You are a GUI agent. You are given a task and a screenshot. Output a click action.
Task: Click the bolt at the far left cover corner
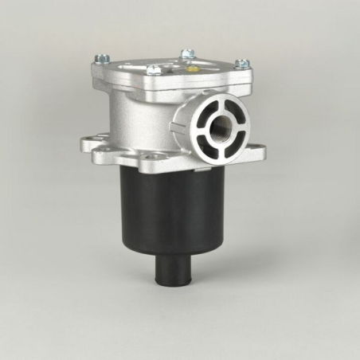(x=101, y=58)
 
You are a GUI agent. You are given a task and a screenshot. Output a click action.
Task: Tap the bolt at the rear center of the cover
(x=187, y=54)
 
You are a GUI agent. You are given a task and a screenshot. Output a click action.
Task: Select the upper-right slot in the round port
(x=234, y=109)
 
